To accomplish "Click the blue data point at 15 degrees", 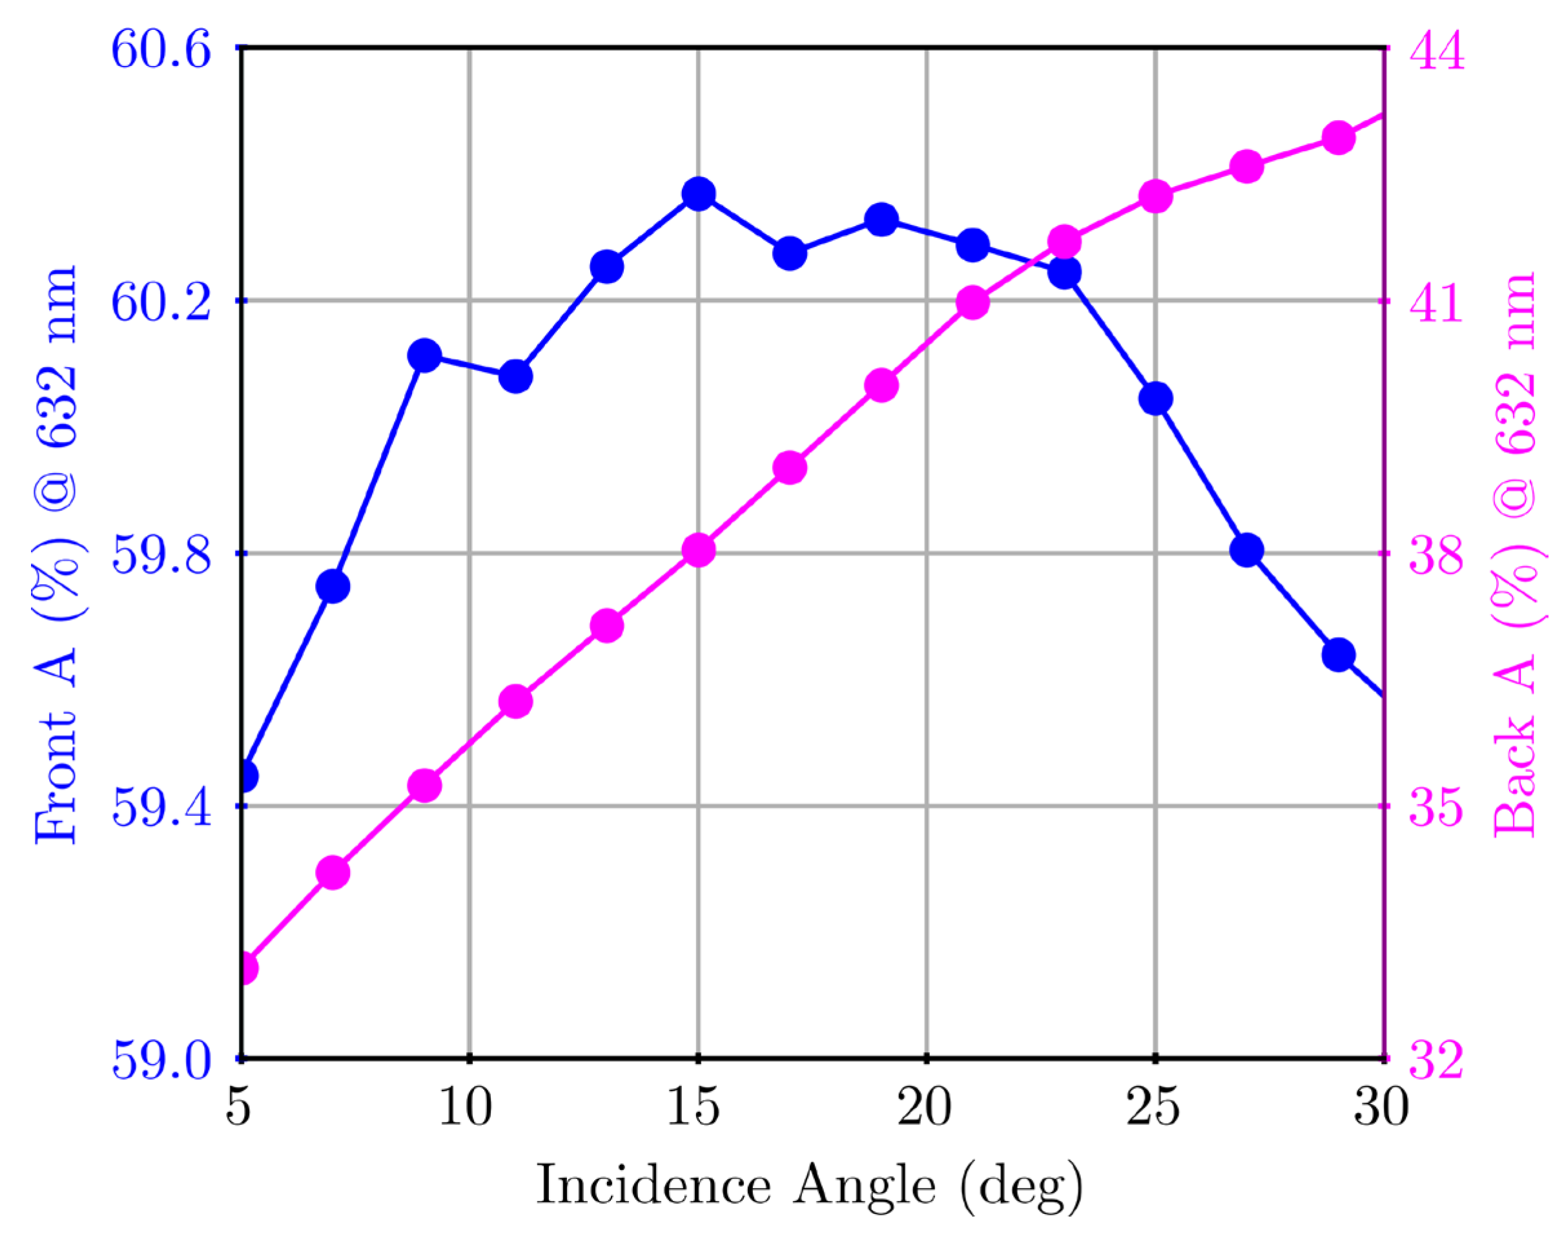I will [x=698, y=194].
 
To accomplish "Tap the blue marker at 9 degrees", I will [x=424, y=355].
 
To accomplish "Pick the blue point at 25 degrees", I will [x=1155, y=398].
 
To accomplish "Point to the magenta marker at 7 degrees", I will [x=333, y=873].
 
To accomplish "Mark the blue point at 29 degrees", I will [x=1338, y=654].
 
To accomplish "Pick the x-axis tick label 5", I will [x=239, y=1108].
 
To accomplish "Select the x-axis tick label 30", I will [x=1381, y=1108].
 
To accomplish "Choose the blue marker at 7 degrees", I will [x=333, y=586].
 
